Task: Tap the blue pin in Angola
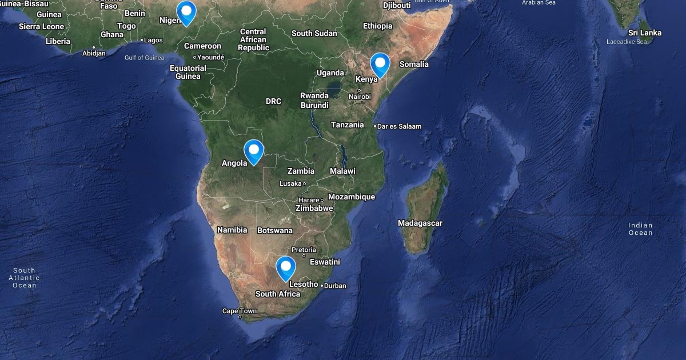(x=253, y=150)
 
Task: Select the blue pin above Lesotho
(x=285, y=267)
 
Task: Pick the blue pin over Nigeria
(x=186, y=11)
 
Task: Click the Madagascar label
(x=420, y=223)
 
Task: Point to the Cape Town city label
(x=240, y=311)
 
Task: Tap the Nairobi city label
(x=360, y=97)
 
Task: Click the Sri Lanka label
(x=645, y=33)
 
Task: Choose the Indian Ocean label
(x=640, y=229)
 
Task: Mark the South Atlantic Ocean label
(x=24, y=278)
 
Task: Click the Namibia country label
(x=232, y=230)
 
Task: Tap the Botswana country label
(x=275, y=231)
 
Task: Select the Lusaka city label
(x=290, y=183)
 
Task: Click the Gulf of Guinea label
(x=145, y=58)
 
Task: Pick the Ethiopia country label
(x=377, y=26)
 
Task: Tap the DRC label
(x=273, y=101)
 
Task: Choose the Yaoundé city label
(x=210, y=57)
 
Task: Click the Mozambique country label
(x=352, y=197)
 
